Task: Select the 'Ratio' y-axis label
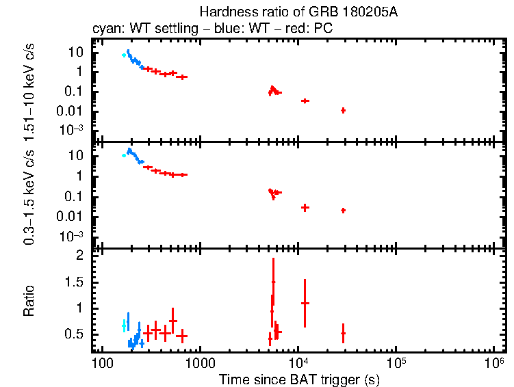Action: pyautogui.click(x=29, y=301)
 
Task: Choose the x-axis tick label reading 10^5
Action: pyautogui.click(x=396, y=360)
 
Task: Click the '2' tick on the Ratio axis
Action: pyautogui.click(x=79, y=255)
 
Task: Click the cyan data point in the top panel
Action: pyautogui.click(x=124, y=55)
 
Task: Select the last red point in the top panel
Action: pyautogui.click(x=343, y=110)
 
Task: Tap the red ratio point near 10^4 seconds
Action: pyautogui.click(x=305, y=303)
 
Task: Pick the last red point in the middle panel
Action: pyautogui.click(x=343, y=210)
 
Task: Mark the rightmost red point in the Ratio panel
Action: pyautogui.click(x=343, y=333)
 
